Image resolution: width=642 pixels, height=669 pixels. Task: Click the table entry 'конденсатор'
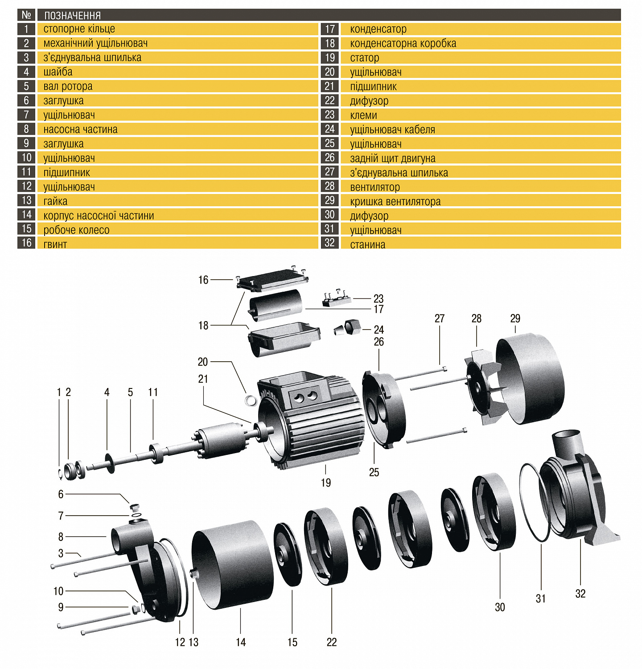pos(378,29)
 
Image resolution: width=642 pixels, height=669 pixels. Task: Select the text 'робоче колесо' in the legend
pos(76,230)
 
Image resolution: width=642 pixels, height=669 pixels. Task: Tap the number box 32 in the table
pos(329,243)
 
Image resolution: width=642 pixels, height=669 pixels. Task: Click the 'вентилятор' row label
pos(374,187)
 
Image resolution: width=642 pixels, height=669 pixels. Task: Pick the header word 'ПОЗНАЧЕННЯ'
pos(72,16)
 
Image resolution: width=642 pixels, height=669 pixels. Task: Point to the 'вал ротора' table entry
pos(68,87)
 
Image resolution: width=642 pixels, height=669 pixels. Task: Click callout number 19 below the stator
pos(326,483)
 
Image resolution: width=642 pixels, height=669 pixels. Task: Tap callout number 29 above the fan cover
pos(515,318)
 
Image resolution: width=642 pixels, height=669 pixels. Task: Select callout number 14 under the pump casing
pos(241,642)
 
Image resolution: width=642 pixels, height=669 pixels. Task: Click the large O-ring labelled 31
pos(533,502)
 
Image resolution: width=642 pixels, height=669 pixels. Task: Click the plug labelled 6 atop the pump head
pos(135,507)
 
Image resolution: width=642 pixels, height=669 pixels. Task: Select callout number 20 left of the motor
pos(203,362)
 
